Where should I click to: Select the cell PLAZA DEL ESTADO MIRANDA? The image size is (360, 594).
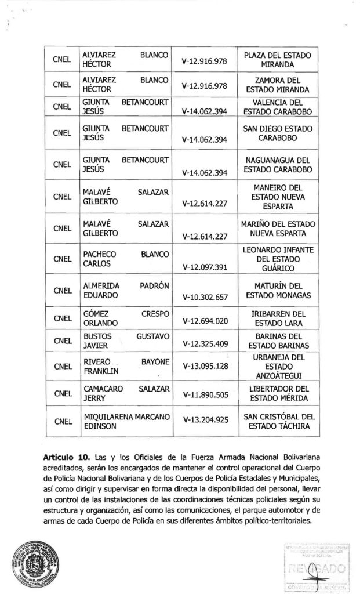[x=278, y=59]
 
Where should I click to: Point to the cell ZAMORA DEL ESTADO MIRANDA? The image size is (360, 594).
[x=278, y=85]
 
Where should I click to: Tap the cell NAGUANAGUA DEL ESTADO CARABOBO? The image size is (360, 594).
[x=278, y=164]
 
